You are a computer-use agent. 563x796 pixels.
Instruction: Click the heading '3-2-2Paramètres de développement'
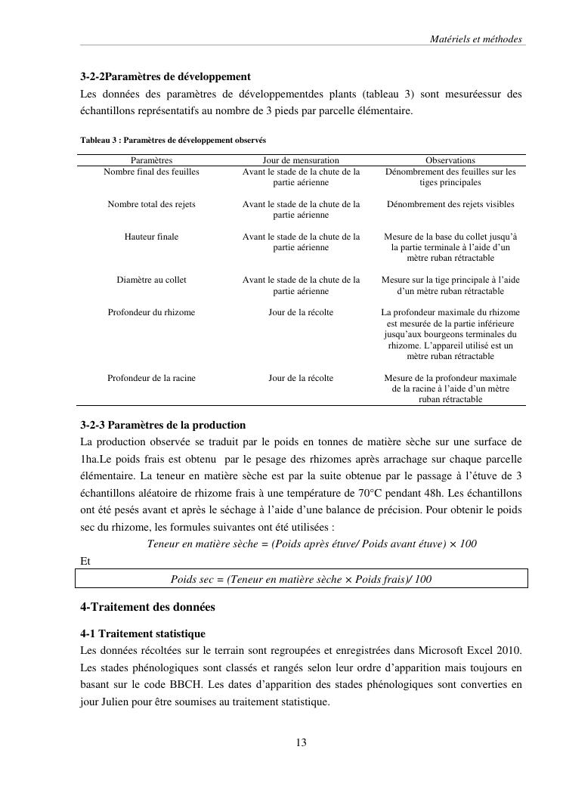coord(165,77)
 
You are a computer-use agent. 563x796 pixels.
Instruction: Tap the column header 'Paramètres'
coord(151,160)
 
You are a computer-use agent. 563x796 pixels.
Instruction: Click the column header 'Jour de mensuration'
coord(301,160)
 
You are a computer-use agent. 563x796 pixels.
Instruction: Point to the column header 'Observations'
coord(450,160)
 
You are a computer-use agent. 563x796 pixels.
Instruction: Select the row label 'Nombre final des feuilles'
coord(151,172)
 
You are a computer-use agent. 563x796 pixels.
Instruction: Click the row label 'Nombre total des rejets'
coord(151,204)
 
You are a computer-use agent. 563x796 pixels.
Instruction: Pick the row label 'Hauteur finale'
coord(151,237)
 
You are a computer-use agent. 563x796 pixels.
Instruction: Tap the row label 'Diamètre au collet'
coord(151,280)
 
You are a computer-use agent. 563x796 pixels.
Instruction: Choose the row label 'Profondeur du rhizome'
coord(151,312)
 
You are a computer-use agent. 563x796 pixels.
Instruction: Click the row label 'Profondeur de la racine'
coord(151,378)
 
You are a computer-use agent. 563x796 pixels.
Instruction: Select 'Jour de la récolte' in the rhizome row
coord(301,312)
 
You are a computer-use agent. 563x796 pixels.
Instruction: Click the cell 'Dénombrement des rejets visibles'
coord(450,204)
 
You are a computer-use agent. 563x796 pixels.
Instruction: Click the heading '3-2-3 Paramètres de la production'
coord(163,425)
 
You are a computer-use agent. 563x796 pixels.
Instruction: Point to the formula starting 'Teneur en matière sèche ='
coord(311,544)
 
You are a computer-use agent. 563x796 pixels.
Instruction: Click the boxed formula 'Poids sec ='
coord(301,579)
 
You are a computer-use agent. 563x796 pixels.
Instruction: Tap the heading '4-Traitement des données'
coord(147,607)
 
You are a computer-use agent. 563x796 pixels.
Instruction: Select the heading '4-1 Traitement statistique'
coord(143,633)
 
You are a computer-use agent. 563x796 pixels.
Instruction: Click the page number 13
coord(301,742)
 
